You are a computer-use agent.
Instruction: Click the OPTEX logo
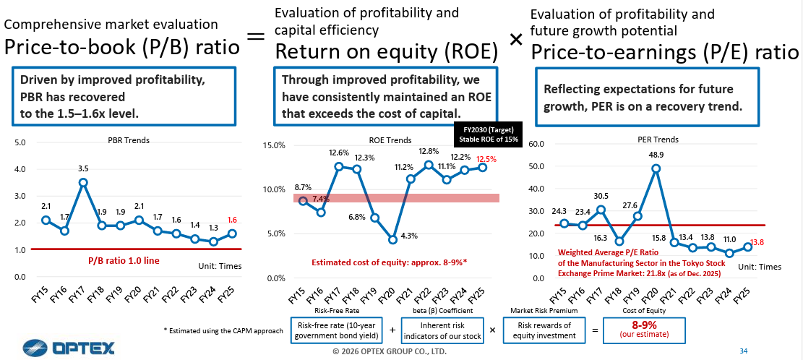pyautogui.click(x=69, y=348)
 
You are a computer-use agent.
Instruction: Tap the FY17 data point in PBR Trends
pyautogui.click(x=83, y=182)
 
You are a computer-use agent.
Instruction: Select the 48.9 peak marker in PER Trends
pyautogui.click(x=656, y=168)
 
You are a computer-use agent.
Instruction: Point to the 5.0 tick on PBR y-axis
pyautogui.click(x=20, y=142)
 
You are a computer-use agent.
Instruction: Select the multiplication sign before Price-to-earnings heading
pyautogui.click(x=515, y=40)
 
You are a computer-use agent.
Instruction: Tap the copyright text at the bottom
pyautogui.click(x=389, y=351)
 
